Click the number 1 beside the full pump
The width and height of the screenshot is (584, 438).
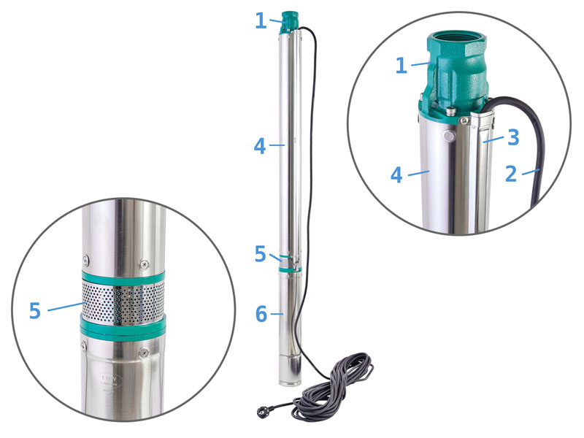(261, 20)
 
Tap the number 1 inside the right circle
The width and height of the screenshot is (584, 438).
(401, 65)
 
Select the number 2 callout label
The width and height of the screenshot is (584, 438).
(511, 174)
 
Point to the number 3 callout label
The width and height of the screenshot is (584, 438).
(513, 137)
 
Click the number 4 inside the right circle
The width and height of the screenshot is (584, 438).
(396, 175)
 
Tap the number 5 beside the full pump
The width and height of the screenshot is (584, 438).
(261, 253)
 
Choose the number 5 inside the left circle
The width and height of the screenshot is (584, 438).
(34, 311)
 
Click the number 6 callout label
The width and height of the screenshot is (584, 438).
(261, 314)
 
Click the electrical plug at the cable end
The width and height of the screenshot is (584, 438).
(263, 411)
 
